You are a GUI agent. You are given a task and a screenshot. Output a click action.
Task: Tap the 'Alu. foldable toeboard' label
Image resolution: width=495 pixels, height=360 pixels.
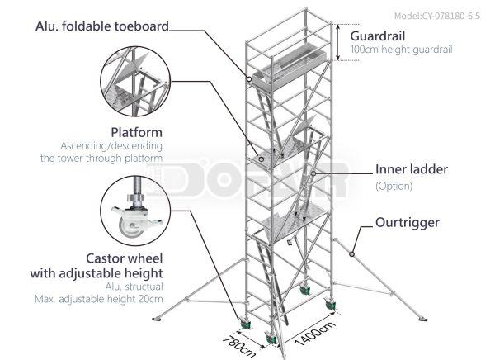[102, 26]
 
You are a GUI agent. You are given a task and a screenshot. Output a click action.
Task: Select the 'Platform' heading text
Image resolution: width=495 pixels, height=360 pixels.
[136, 131]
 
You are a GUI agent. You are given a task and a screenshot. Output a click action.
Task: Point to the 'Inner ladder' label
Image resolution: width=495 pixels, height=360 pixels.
[412, 170]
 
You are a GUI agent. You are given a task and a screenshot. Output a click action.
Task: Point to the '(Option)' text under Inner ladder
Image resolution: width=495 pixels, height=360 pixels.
[394, 186]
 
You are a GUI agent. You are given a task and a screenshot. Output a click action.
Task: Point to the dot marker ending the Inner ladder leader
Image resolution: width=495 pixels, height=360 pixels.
[314, 174]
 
